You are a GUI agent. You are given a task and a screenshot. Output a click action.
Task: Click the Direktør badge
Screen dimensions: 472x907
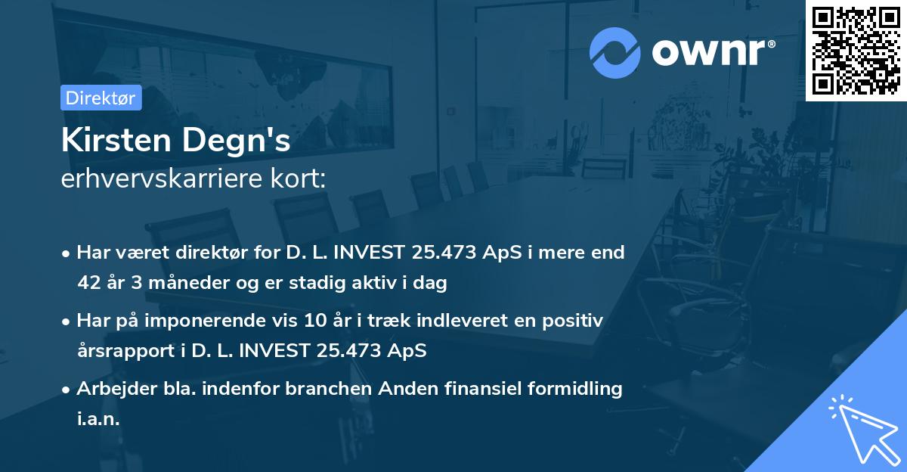pos(101,98)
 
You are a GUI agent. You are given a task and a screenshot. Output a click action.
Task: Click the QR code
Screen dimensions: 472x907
pos(856,49)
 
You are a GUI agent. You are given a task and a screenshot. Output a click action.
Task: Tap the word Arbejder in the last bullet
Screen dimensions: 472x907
pos(110,389)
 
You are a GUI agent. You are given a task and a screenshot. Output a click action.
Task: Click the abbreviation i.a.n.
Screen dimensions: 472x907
pos(98,419)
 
